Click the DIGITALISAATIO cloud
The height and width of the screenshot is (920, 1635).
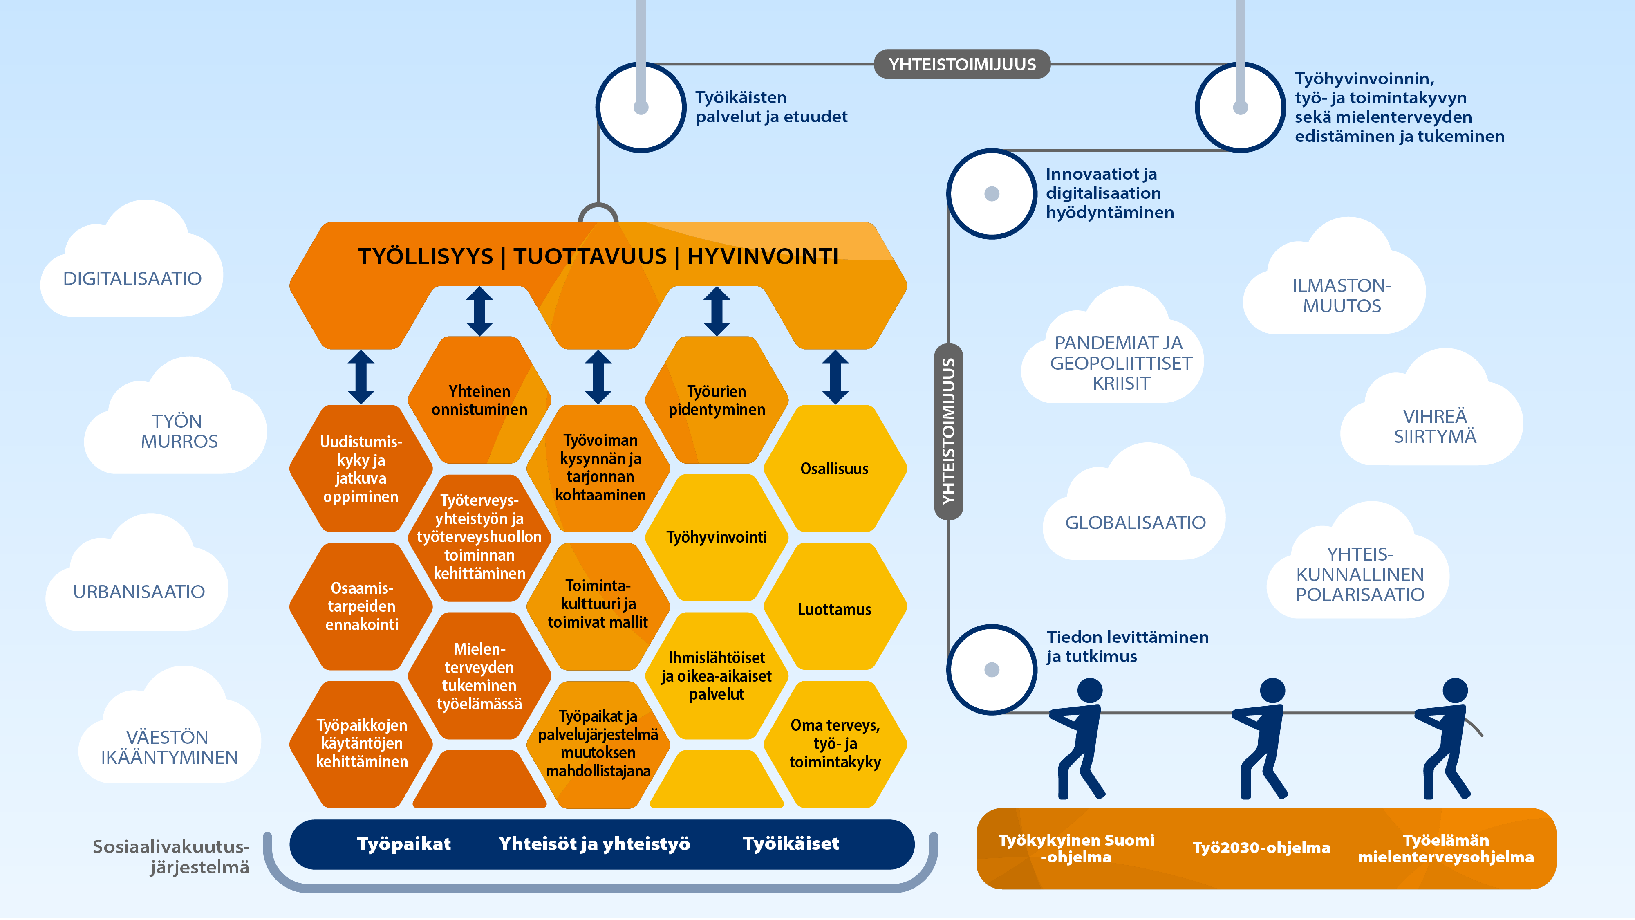point(132,267)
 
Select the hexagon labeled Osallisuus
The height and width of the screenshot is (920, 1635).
point(835,469)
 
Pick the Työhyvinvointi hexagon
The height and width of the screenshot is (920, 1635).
point(717,538)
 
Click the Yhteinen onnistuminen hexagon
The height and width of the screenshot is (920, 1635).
point(479,400)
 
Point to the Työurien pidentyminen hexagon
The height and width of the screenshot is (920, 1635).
point(717,400)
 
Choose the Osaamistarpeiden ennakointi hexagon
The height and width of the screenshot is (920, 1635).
point(361,607)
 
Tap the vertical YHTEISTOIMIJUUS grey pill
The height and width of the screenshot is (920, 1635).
point(949,432)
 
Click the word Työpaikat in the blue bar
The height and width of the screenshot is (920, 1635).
point(404,844)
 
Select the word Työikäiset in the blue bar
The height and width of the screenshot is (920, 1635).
point(791,844)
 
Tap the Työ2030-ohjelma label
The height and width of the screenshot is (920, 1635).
point(1261,848)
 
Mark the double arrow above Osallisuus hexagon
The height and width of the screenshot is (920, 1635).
point(835,377)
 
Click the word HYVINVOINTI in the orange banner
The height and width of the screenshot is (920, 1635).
point(763,256)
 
